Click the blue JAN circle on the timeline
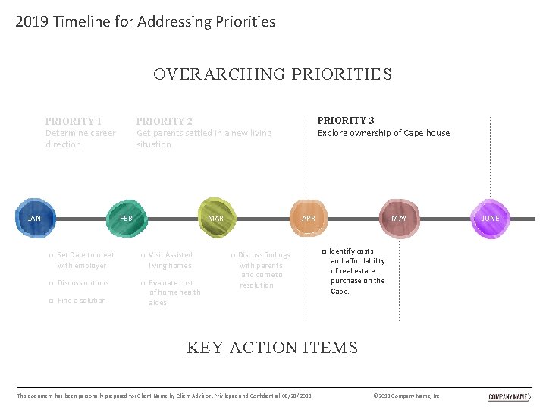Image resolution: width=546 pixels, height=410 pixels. click(35, 218)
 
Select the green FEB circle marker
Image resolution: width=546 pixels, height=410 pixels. click(126, 218)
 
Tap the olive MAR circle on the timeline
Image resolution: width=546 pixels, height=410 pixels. click(216, 218)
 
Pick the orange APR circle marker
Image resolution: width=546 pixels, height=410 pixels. click(309, 218)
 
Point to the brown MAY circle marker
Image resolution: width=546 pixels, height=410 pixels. click(399, 218)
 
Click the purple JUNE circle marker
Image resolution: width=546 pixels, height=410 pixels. click(491, 218)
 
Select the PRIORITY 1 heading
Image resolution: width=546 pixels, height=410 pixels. click(73, 121)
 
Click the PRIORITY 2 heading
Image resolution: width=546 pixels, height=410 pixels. click(164, 121)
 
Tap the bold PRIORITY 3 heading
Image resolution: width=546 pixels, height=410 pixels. click(345, 120)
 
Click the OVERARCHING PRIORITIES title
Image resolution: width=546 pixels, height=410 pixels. click(272, 74)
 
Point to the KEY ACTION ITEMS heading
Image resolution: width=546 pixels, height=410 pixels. click(272, 348)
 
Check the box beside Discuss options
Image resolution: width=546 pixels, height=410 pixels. click(50, 284)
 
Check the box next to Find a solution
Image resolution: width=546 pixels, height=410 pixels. click(50, 301)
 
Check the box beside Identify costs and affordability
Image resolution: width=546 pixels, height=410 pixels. click(323, 251)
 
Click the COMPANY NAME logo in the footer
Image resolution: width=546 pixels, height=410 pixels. click(509, 396)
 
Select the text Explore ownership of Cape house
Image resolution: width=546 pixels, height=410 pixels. click(383, 133)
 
